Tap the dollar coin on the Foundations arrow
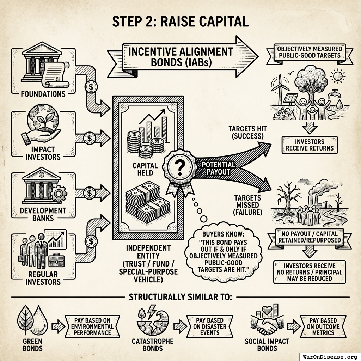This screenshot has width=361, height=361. point(91,87)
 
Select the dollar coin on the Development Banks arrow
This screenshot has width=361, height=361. point(90,193)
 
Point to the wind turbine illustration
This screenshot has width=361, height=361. point(280,90)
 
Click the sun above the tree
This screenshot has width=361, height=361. point(338,76)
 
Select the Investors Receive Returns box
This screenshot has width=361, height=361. point(310,145)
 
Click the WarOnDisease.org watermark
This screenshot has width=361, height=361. point(330,357)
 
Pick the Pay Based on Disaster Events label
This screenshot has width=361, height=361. point(210,326)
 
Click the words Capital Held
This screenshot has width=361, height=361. point(145,169)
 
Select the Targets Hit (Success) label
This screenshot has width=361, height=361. point(247,133)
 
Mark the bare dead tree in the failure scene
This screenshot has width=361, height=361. point(287,198)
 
